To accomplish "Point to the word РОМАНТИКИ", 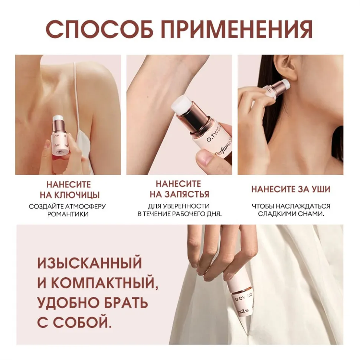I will pos(68,214).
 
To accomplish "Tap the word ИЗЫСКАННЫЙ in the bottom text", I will pos(90,263).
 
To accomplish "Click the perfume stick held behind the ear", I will pos(276,88).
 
